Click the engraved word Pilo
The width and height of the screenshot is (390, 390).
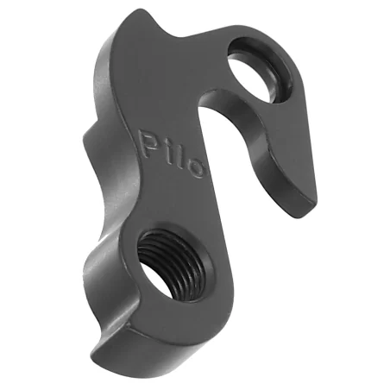pos(172,154)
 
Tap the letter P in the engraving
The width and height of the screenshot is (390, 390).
pos(148,143)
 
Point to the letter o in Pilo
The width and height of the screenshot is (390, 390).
pos(197,169)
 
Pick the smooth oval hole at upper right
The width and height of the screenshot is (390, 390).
pos(260,70)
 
